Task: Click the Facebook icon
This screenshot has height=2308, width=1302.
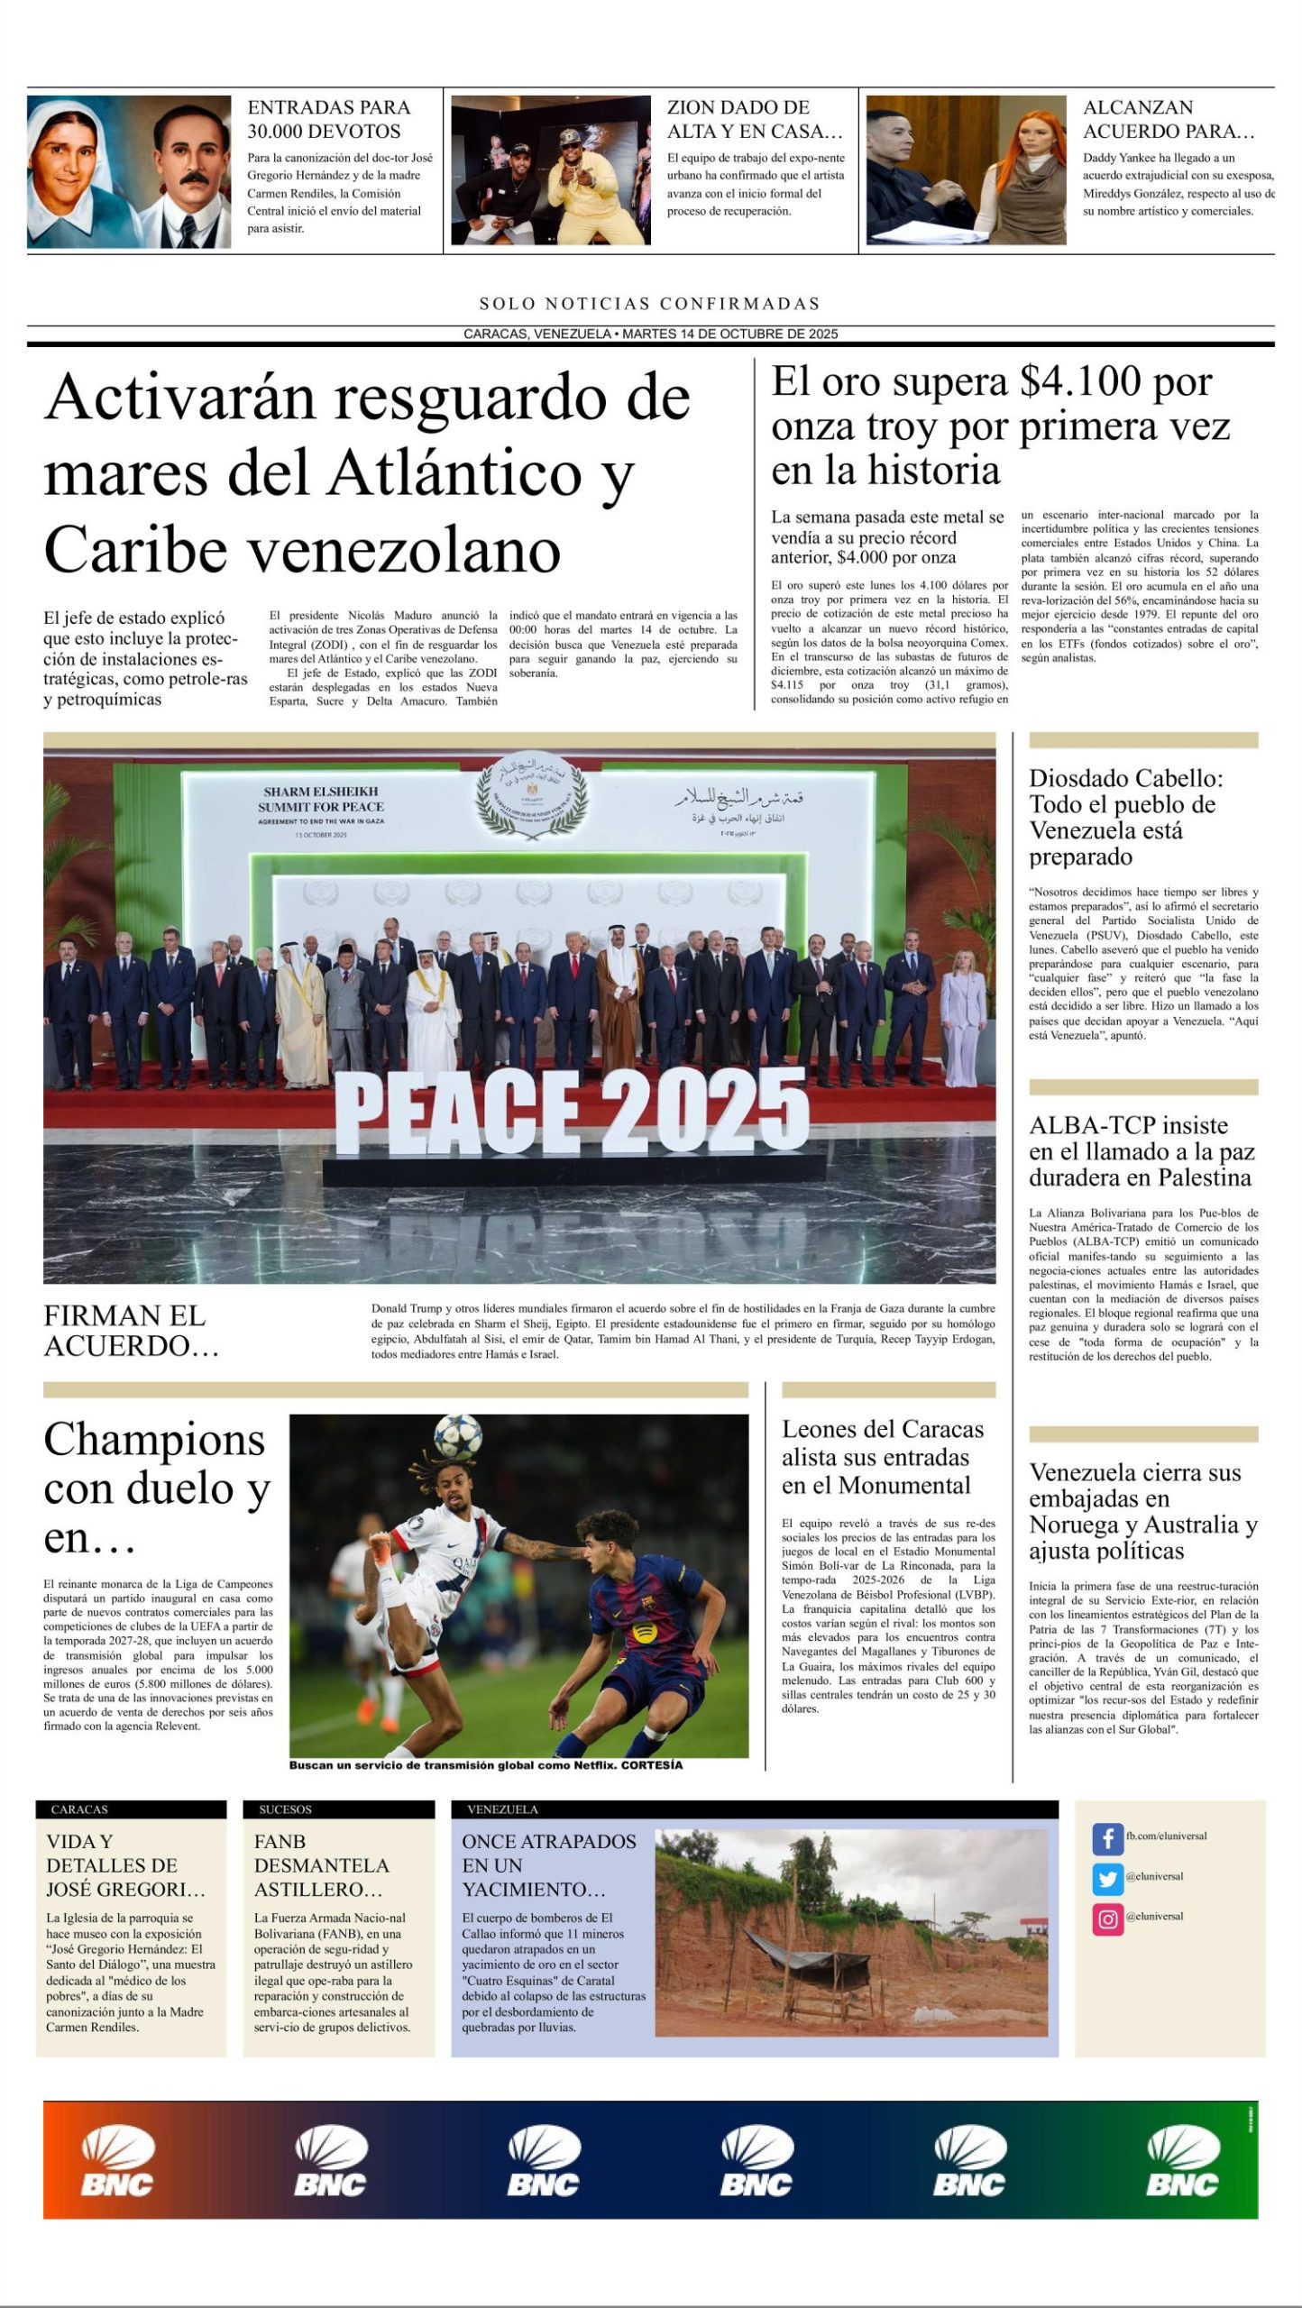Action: click(x=1107, y=1837)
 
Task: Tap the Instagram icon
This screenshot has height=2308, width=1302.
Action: click(x=1107, y=1919)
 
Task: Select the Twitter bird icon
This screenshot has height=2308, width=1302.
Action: click(x=1107, y=1878)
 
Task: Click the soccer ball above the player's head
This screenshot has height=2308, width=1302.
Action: click(x=457, y=1435)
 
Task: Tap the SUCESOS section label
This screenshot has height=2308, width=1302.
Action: click(x=285, y=1809)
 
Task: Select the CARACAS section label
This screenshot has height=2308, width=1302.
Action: click(x=79, y=1809)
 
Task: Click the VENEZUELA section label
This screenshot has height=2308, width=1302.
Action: click(x=502, y=1809)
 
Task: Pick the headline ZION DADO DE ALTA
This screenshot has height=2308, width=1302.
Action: click(x=755, y=119)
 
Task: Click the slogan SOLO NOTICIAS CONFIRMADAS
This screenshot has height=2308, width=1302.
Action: click(x=650, y=304)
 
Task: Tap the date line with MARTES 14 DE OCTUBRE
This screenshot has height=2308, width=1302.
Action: click(x=650, y=334)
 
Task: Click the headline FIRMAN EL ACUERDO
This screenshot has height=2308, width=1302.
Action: click(x=131, y=1331)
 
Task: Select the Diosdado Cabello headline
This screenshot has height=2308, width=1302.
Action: click(x=1126, y=817)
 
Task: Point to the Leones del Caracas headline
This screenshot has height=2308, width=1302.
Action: click(x=882, y=1457)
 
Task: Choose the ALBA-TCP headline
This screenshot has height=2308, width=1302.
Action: click(x=1140, y=1151)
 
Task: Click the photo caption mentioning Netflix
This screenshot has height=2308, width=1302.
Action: click(x=486, y=1766)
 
